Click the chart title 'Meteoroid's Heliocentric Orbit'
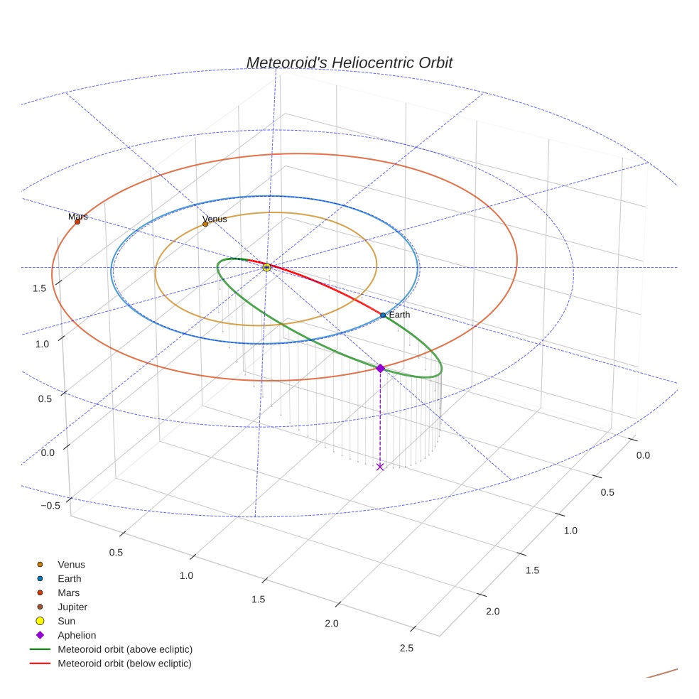349,63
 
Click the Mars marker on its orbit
77,222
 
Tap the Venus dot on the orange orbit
205,224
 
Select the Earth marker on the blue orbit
383,315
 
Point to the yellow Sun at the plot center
266,267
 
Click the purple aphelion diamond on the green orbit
380,368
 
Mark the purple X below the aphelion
380,467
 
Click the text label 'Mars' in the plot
78,216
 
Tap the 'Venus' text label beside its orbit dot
215,219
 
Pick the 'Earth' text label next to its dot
399,315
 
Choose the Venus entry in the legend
71,565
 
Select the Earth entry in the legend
70,579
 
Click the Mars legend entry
68,593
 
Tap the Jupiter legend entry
72,607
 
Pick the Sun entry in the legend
67,621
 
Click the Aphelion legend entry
77,635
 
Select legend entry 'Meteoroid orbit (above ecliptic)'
125,649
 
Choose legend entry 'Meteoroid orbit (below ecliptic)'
124,663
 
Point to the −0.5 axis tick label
50,506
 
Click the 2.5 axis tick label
406,647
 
